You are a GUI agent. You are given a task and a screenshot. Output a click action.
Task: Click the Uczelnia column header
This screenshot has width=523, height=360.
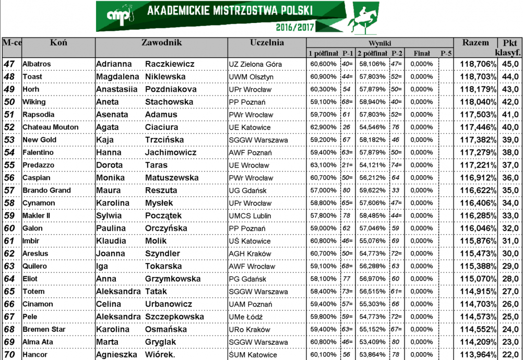point(267,43)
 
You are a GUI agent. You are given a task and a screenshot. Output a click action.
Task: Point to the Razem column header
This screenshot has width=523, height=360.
point(476,43)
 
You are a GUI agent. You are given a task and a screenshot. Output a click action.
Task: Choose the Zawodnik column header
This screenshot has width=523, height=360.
point(161,43)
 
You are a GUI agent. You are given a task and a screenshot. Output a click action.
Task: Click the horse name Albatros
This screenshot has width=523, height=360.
point(37,64)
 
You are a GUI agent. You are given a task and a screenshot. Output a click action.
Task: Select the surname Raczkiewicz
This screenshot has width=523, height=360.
point(170,64)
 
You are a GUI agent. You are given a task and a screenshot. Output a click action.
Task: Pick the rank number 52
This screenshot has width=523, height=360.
point(9,127)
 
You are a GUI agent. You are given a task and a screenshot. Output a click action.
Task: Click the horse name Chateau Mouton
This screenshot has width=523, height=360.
point(51,127)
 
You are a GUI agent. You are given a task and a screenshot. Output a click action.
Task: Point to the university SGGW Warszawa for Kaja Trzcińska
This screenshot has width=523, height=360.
point(258,140)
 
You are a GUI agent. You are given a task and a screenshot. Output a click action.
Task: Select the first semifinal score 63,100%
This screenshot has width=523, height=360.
point(323,165)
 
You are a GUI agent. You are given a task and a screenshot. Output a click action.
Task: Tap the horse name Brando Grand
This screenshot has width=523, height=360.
point(46,190)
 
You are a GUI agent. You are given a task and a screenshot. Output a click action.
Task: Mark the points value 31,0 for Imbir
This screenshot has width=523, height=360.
point(509,241)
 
